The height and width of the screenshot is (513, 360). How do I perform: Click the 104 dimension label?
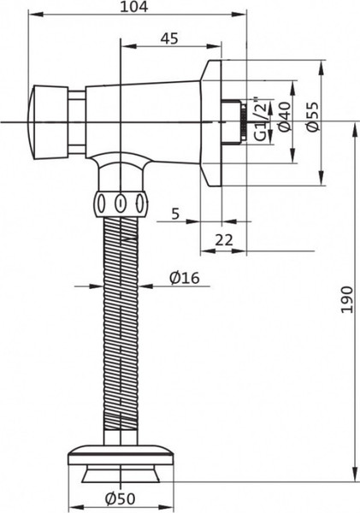click(x=134, y=8)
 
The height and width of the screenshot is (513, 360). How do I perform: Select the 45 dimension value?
click(x=169, y=38)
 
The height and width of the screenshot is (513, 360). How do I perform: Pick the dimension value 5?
click(x=174, y=215)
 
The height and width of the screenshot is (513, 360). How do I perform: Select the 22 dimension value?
click(x=224, y=241)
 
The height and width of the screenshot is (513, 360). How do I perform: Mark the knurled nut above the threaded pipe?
click(x=121, y=205)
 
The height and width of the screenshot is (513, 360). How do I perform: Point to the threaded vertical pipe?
click(x=121, y=325)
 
